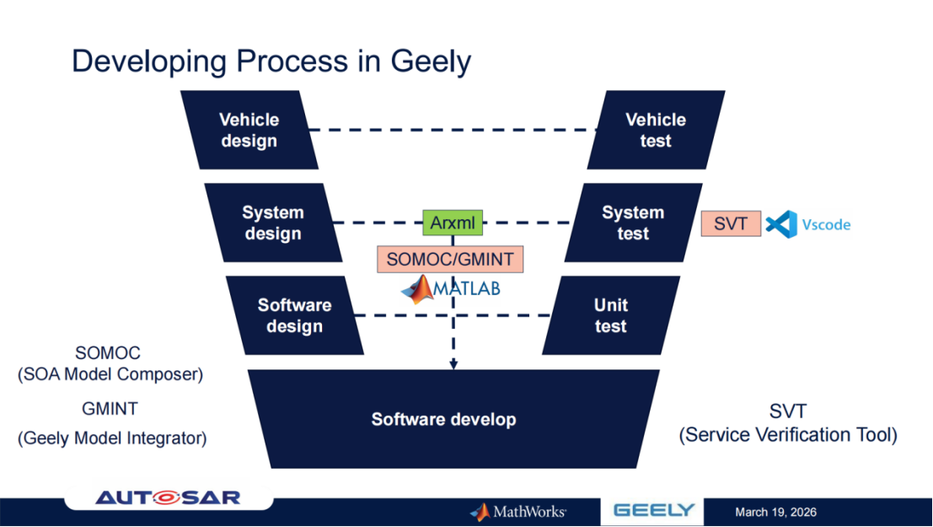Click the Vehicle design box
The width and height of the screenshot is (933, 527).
click(x=249, y=130)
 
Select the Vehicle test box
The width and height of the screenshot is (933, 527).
click(x=655, y=130)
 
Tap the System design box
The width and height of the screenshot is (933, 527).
click(x=273, y=223)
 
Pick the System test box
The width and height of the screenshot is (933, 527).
click(x=632, y=223)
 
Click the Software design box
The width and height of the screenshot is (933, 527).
click(x=295, y=315)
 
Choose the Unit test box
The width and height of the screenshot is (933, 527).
click(x=610, y=315)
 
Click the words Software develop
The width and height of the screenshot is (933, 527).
click(x=443, y=419)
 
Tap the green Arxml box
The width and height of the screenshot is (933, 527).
click(x=453, y=223)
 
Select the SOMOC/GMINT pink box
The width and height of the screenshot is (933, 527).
click(x=449, y=259)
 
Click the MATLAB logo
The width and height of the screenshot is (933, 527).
click(x=450, y=289)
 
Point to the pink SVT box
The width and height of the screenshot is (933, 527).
click(x=731, y=224)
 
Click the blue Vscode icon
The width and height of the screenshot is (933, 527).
click(x=781, y=224)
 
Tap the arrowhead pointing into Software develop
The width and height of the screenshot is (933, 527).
click(x=453, y=364)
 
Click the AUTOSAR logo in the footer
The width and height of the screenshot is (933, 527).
click(x=168, y=497)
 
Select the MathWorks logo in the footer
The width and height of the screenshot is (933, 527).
click(x=518, y=512)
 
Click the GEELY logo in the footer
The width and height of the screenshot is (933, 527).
click(x=653, y=511)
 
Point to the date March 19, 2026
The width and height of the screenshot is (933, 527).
click(x=775, y=512)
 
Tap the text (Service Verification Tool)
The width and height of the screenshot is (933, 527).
click(x=788, y=435)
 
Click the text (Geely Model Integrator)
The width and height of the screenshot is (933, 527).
click(x=112, y=438)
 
